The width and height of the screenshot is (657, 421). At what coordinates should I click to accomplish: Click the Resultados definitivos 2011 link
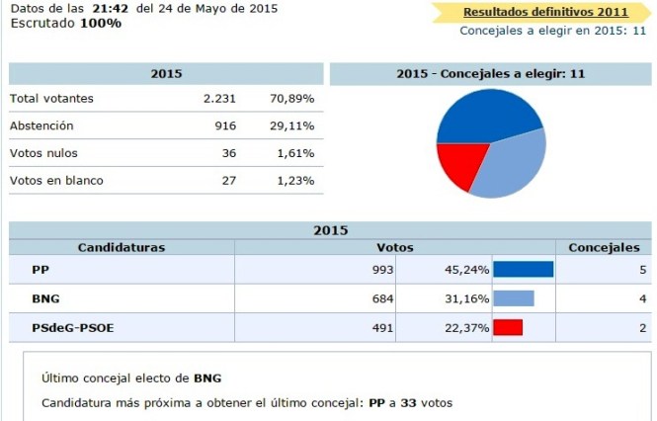coord(545,12)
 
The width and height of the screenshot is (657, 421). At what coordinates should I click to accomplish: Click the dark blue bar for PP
coord(523,270)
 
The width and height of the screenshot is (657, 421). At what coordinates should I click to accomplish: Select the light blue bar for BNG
coord(513,298)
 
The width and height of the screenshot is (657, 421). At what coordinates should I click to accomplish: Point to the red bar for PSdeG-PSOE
coord(507,328)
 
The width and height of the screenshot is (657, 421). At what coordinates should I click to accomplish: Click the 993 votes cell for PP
coord(382,270)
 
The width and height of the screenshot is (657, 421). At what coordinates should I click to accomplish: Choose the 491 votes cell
coord(382,328)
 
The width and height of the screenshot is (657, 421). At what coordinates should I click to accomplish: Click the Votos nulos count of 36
coord(231,153)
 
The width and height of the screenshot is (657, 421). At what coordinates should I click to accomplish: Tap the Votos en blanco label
coord(56,181)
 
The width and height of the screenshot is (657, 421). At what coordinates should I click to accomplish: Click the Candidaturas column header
coord(122,247)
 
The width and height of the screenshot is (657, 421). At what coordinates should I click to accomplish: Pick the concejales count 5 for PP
coord(642,270)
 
